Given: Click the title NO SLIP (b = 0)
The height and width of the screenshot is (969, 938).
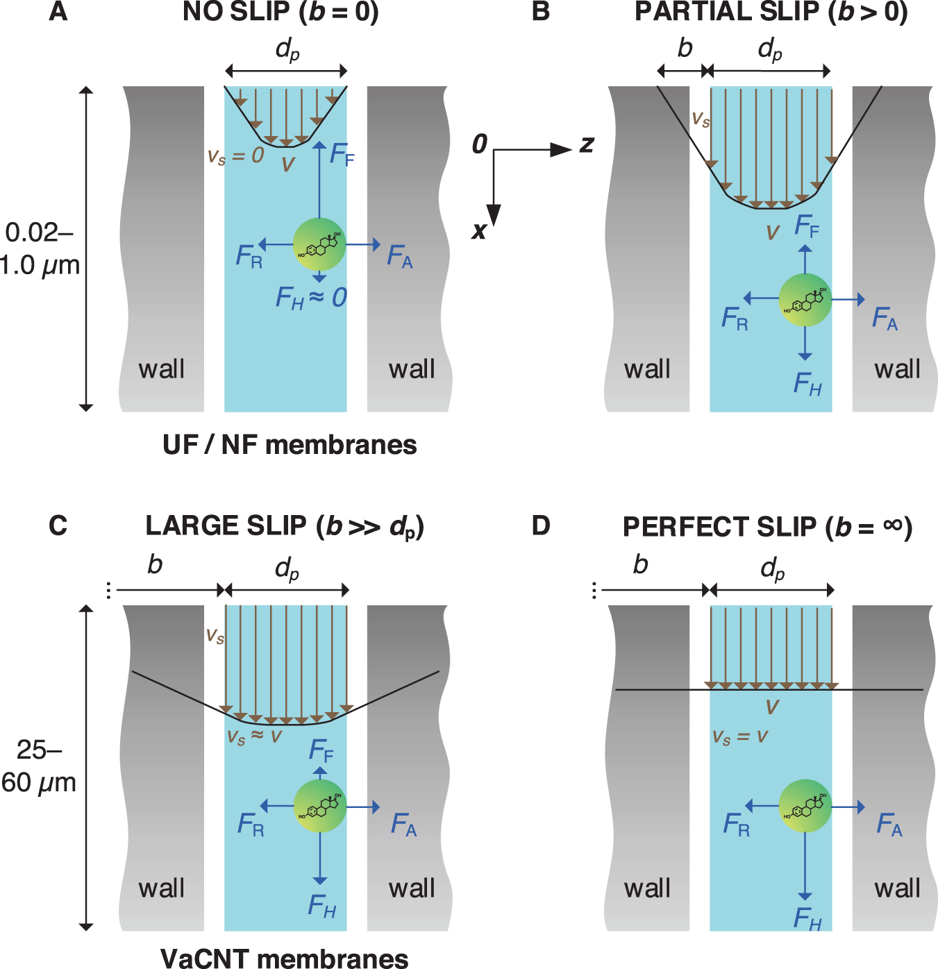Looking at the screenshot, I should pos(280,12).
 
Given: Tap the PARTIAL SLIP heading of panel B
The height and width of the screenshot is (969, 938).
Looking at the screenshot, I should pos(771,12).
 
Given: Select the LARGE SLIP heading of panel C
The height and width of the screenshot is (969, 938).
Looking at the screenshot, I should pos(285,527).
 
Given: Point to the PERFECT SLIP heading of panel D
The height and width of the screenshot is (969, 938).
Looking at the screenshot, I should pos(767,528).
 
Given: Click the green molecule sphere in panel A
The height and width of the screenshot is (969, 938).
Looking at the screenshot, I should pos(319,244).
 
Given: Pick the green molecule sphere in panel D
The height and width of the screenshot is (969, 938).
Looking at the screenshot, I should pos(805,807).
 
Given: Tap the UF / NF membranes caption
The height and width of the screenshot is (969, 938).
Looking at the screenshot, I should pos(290,445).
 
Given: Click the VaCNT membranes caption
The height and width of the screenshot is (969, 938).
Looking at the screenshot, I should pos(285,959).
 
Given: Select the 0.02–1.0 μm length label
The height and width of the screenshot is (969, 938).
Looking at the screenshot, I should pos(40,248).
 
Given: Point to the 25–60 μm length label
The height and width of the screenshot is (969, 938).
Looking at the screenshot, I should pos(39,766).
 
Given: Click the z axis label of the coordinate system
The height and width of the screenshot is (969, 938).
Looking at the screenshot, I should pos(587,144).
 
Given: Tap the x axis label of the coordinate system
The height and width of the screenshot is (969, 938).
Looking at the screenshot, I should pos(478,230).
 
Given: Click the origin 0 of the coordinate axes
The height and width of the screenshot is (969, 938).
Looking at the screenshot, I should pos(480,144).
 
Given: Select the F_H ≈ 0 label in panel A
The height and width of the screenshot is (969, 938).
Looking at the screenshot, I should pos(310,298).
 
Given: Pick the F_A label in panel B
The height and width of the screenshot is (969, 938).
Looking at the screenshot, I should pos(885,319).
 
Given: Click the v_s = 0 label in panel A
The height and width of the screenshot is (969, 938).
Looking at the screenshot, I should pos(236,155).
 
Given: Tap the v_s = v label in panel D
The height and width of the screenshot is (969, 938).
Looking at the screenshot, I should pos(740,737).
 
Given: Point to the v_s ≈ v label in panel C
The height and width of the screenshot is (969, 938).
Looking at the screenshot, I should pos(254,736).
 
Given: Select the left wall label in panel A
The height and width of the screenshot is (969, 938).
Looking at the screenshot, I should pos(162,369).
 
